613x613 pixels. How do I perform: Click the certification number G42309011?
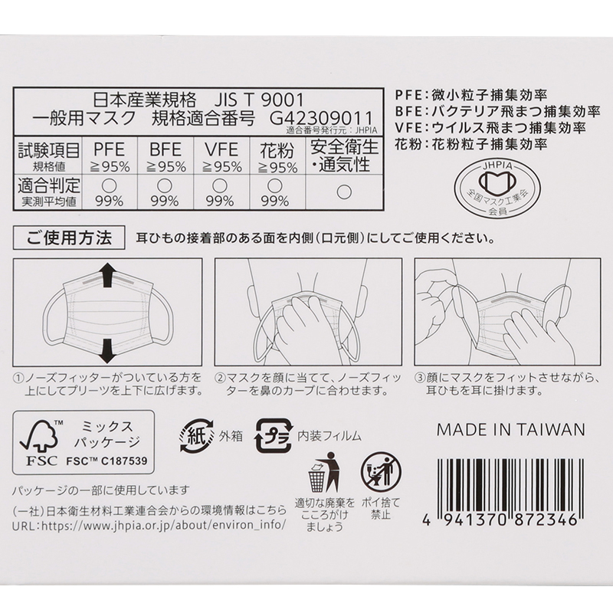(x=321, y=118)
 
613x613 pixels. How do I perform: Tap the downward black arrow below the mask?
(x=107, y=351)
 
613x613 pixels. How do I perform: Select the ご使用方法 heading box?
(x=69, y=238)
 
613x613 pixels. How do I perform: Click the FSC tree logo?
(x=39, y=443)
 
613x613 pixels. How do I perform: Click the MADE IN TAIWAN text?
(x=510, y=430)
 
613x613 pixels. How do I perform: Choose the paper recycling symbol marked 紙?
(x=197, y=435)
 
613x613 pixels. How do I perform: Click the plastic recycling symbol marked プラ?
(x=274, y=436)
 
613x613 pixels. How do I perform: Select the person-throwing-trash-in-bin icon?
(x=323, y=472)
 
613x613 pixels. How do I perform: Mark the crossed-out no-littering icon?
(x=381, y=472)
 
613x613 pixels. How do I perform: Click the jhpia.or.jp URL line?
(x=149, y=525)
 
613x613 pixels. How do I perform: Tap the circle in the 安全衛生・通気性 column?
(x=344, y=192)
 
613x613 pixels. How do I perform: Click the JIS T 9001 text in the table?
(x=258, y=100)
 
